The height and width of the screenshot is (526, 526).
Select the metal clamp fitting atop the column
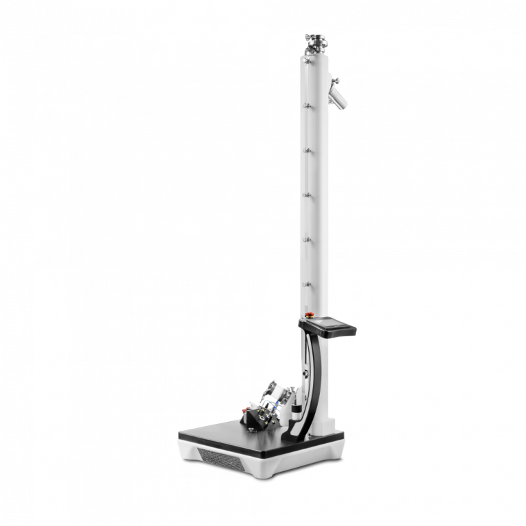pyautogui.click(x=316, y=43)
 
